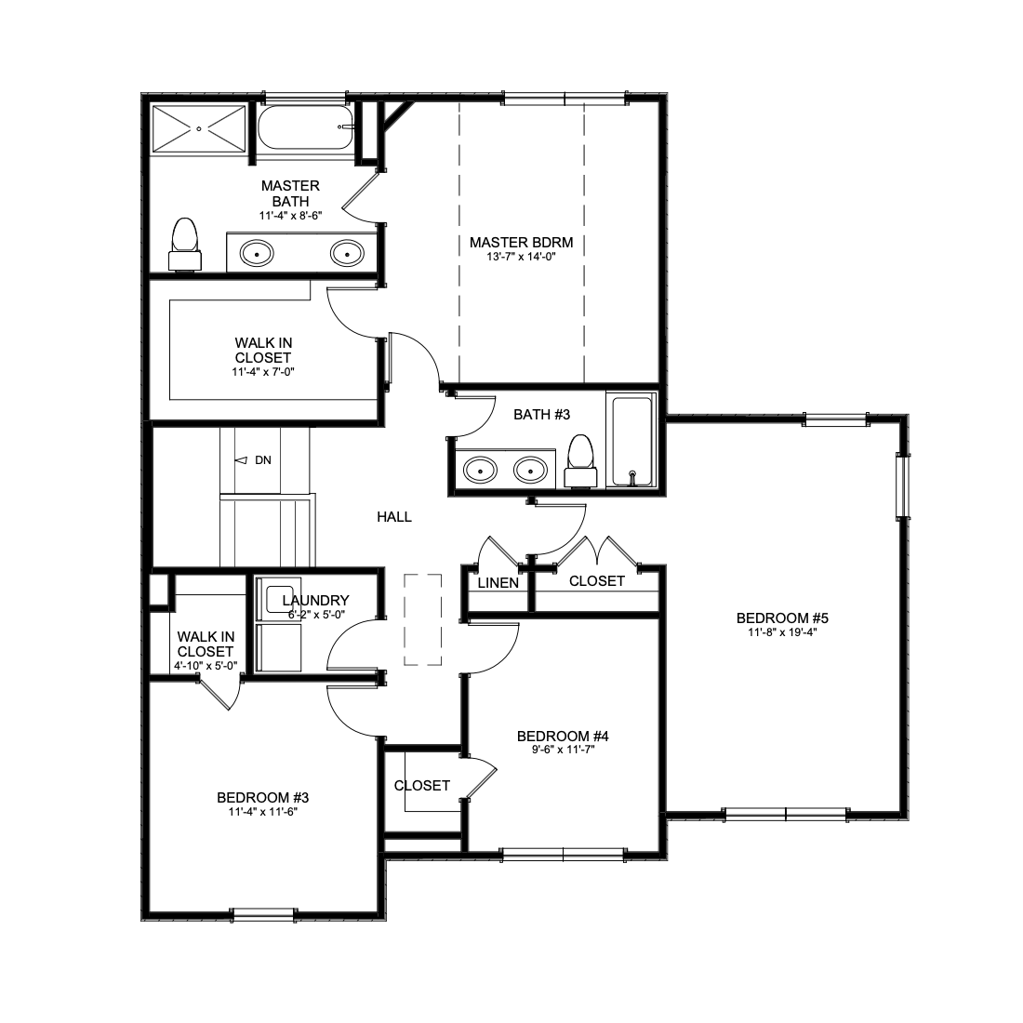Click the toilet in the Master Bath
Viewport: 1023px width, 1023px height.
point(185,244)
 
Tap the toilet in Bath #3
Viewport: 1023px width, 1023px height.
point(580,461)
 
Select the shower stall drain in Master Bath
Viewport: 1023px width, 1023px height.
point(199,129)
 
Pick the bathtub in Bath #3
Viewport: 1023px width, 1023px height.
point(631,441)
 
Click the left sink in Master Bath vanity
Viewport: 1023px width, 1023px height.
point(257,253)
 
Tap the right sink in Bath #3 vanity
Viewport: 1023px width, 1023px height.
point(530,470)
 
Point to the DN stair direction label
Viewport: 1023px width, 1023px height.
point(263,460)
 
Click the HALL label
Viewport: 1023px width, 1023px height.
point(394,517)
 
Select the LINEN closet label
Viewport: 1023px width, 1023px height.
point(498,583)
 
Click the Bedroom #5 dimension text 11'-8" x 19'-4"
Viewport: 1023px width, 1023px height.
point(782,632)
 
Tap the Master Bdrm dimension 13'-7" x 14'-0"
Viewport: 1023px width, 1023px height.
point(522,257)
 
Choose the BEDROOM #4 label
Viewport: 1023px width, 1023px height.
point(563,737)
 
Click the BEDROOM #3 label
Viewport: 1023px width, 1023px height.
point(263,798)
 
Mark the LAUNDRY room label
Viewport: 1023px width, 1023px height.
point(316,600)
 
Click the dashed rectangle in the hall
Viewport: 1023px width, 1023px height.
point(423,619)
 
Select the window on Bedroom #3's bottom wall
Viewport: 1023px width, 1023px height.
point(263,915)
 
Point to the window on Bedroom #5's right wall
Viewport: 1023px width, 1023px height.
point(902,486)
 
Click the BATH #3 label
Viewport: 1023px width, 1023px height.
point(541,415)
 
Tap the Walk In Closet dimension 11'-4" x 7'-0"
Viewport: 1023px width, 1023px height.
point(263,373)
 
